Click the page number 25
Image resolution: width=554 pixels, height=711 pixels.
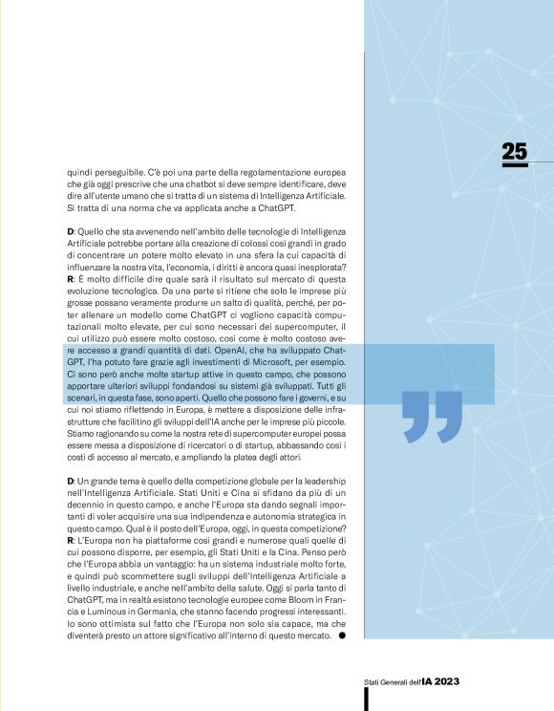coord(514,151)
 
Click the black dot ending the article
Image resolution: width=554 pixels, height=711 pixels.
coord(342,635)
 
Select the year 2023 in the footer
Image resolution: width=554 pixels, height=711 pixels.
coord(444,680)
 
